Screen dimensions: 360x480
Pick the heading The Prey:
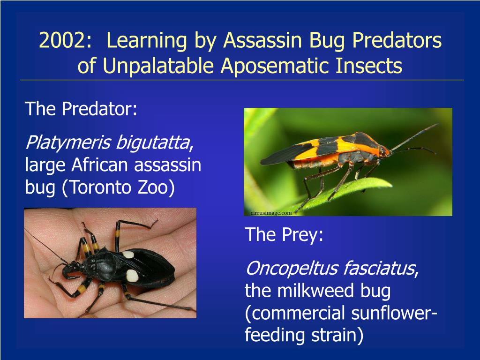coord(284,234)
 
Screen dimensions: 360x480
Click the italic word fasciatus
coord(379,269)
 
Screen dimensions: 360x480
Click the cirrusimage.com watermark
coord(271,213)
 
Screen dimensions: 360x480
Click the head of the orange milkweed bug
coord(384,151)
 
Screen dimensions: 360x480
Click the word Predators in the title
coord(397,40)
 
